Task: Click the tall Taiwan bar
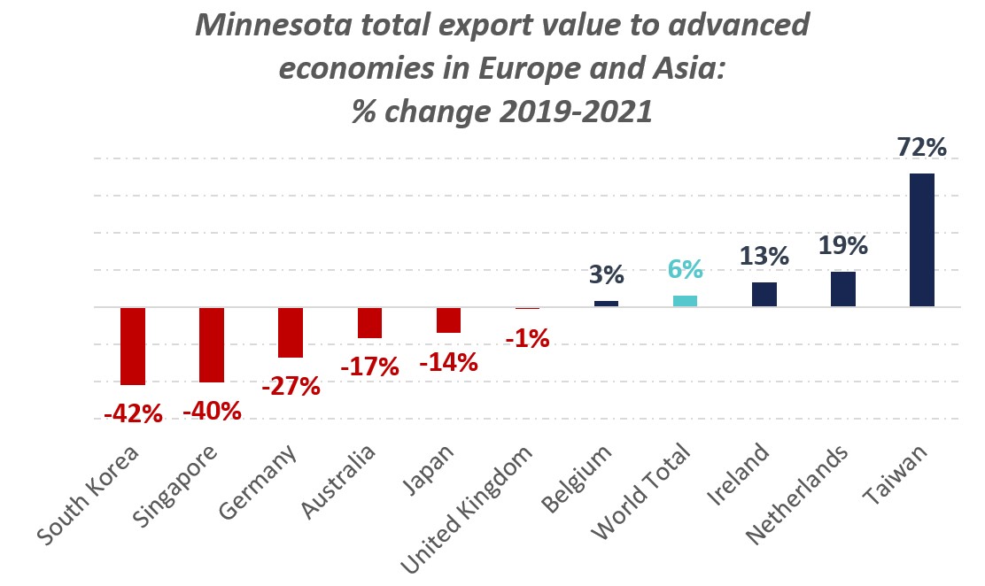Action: click(921, 240)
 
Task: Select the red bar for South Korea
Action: click(133, 346)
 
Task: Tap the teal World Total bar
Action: click(685, 301)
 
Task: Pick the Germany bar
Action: click(291, 333)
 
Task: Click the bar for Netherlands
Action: click(843, 289)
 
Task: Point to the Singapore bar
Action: click(212, 345)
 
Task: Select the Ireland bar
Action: click(764, 295)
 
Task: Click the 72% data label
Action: click(921, 147)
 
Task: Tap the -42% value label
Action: click(133, 413)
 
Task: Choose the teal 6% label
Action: click(685, 269)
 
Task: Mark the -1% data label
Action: click(527, 337)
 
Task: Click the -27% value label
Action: click(291, 386)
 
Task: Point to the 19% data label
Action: click(843, 245)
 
